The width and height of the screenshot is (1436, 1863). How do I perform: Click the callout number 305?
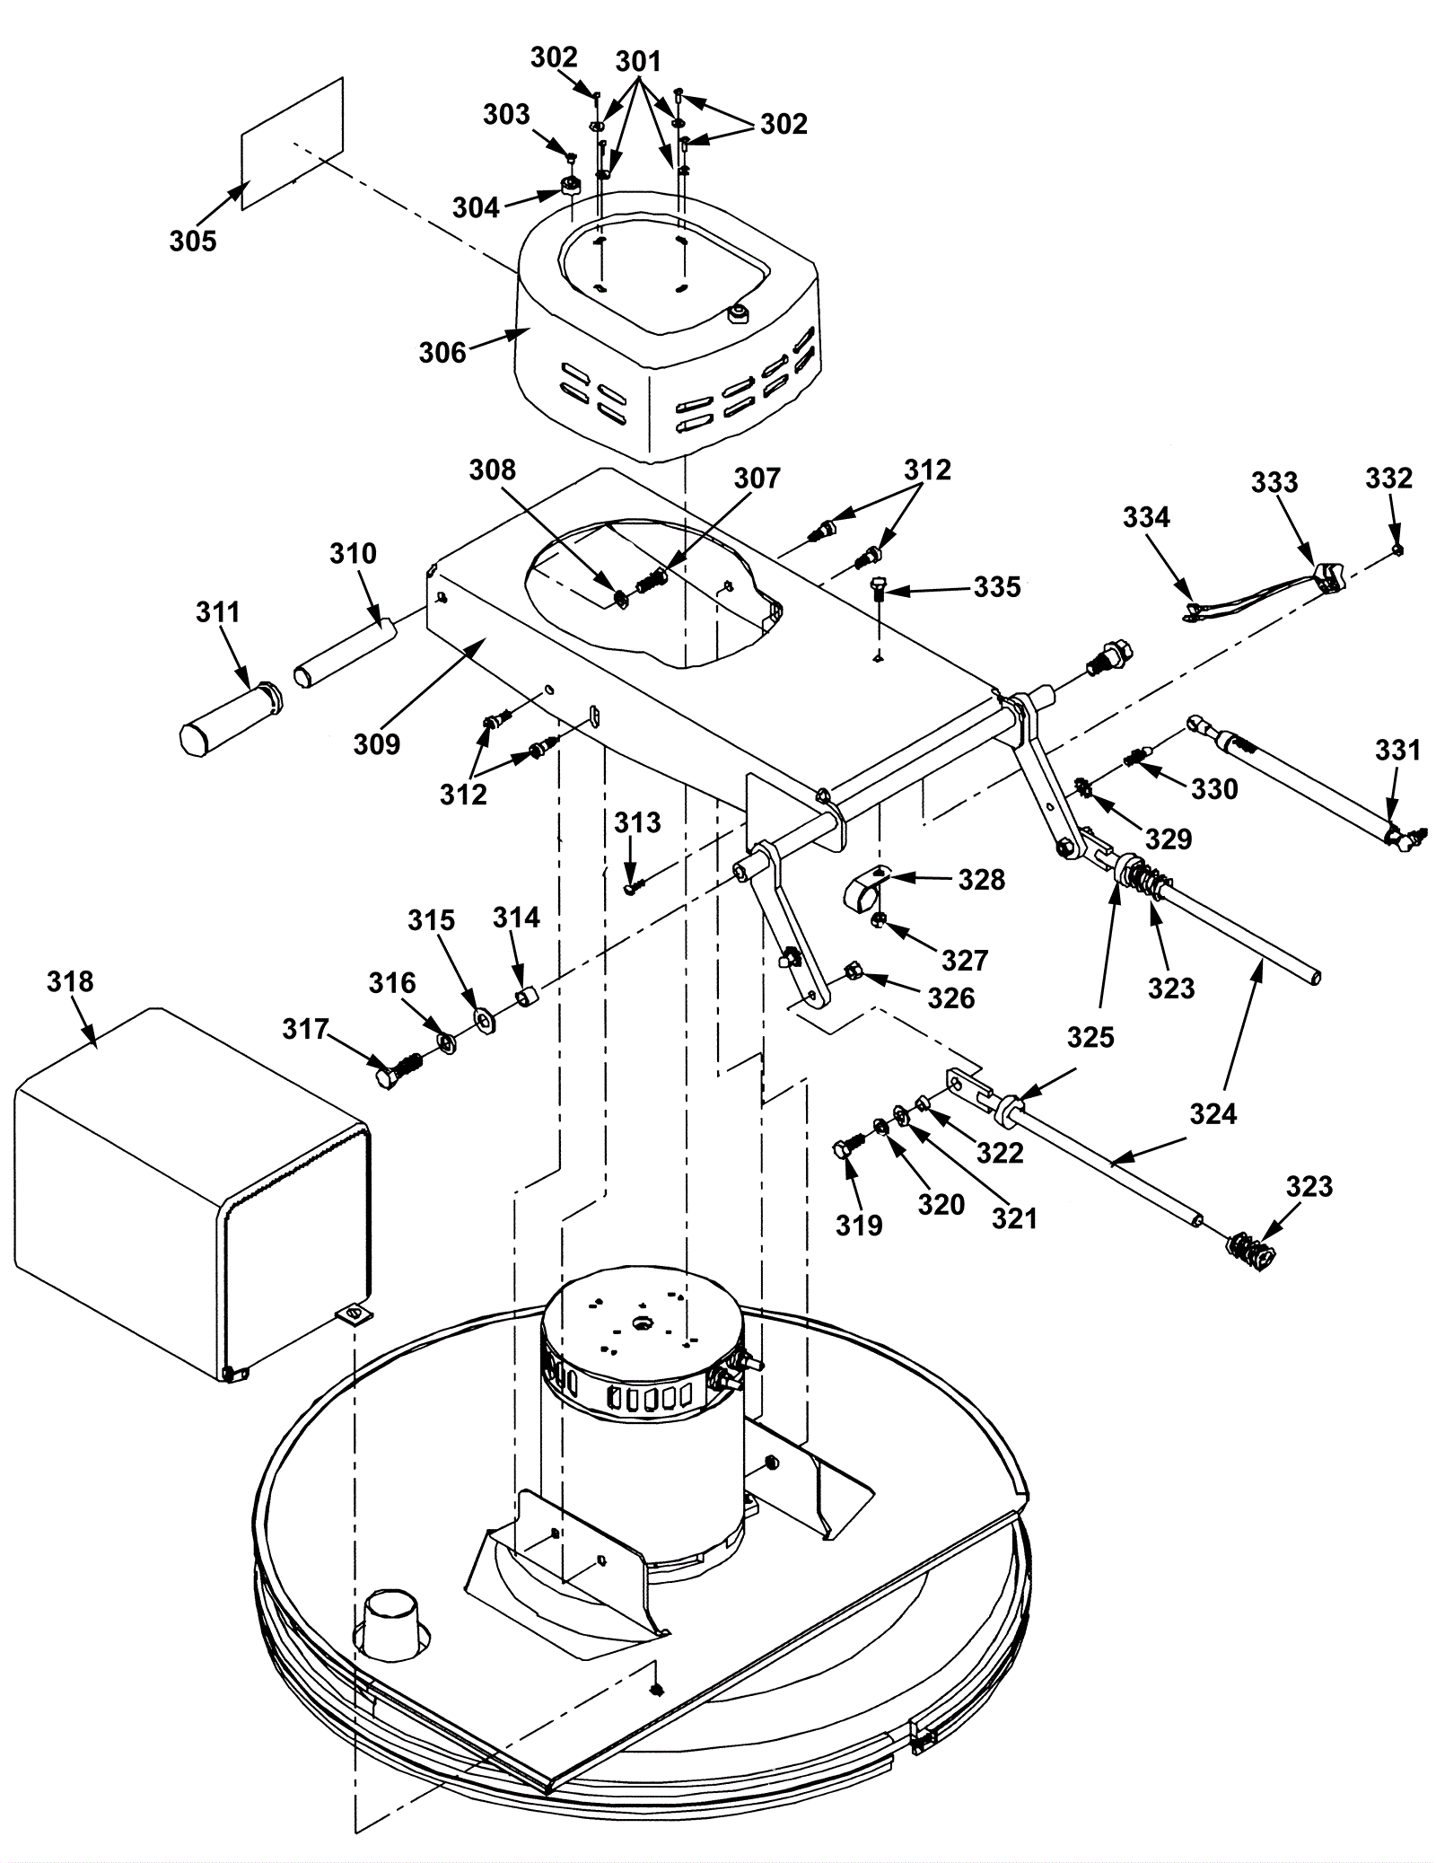coord(193,241)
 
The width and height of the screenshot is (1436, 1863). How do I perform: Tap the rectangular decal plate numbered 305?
coord(293,144)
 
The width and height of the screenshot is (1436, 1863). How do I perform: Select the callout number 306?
coord(442,352)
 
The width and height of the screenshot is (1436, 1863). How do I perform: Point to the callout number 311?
coord(218,612)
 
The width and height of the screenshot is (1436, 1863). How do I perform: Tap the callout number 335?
coord(997,587)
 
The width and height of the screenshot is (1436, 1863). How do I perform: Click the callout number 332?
coord(1388,478)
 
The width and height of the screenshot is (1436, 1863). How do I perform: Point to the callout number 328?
coord(981,879)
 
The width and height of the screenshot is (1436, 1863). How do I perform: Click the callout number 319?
coord(859,1225)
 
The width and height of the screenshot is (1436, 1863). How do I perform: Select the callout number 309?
coord(377,743)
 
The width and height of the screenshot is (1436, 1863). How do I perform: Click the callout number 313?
coord(637,822)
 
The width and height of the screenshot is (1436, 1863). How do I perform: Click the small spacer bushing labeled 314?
coord(529,997)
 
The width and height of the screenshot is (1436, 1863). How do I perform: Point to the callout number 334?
coord(1146,517)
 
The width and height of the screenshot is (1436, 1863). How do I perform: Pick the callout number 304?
coord(476,207)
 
